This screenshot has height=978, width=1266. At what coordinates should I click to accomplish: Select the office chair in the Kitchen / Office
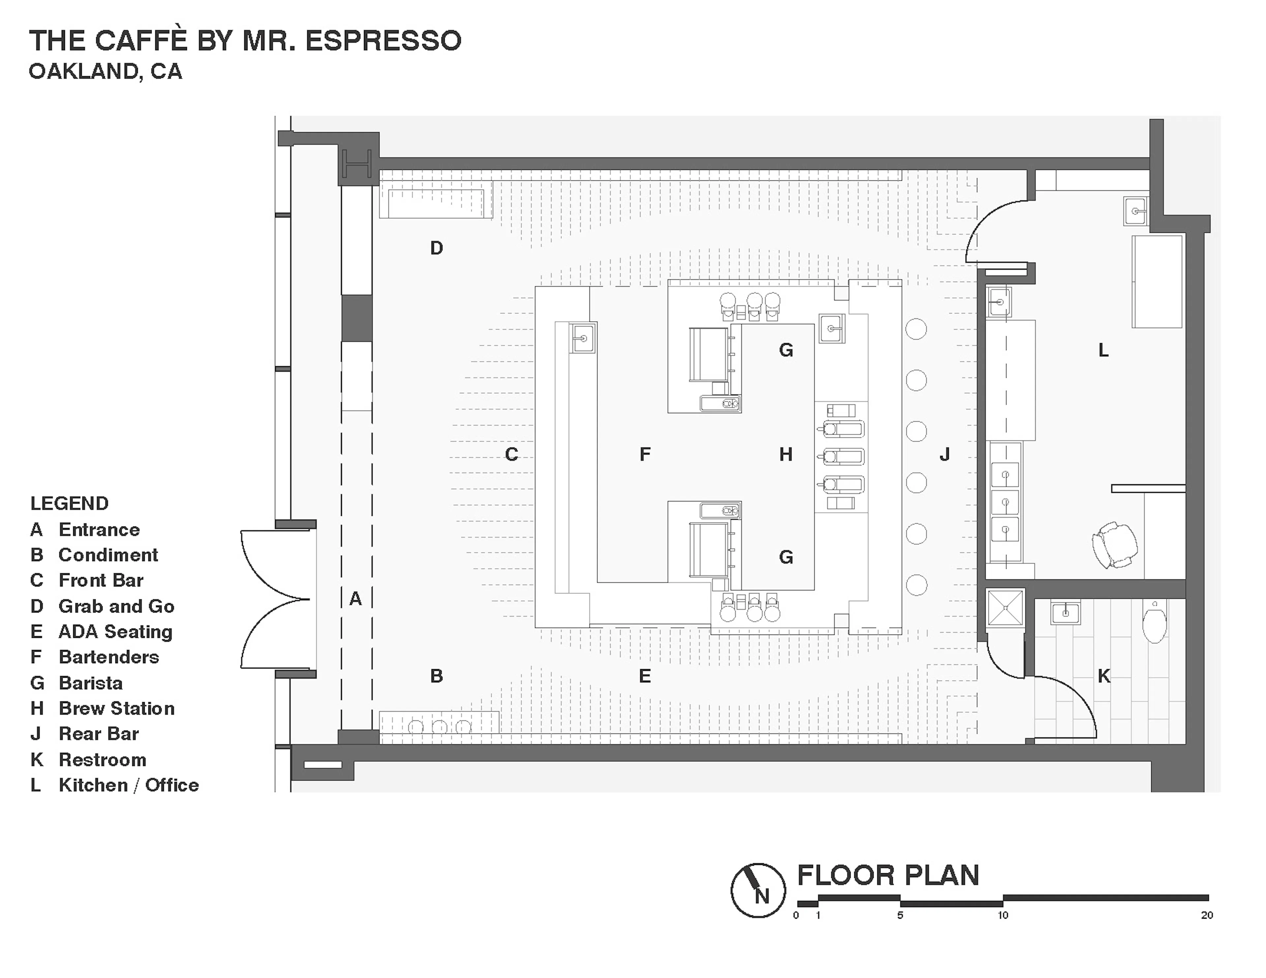[x=1114, y=544]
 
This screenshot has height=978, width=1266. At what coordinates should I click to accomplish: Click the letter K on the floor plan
[x=1104, y=676]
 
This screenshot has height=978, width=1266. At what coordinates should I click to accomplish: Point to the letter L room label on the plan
[x=1103, y=350]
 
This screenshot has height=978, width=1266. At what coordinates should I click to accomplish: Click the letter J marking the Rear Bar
[x=944, y=455]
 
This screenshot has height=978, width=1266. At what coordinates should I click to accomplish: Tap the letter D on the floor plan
[x=437, y=248]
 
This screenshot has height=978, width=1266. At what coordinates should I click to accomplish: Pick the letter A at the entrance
[x=355, y=599]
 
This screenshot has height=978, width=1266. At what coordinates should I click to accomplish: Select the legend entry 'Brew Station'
[x=116, y=708]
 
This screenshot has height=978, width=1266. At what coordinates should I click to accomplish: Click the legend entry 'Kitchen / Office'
[x=128, y=785]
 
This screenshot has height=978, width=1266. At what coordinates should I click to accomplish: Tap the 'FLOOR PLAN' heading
[x=888, y=875]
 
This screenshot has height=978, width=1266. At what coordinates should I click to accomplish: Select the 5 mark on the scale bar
[x=900, y=915]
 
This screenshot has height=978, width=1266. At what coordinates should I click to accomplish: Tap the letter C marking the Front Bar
[x=511, y=455]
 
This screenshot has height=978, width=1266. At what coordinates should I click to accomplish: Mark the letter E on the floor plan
[x=645, y=676]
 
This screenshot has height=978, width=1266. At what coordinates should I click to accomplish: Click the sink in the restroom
[x=1066, y=612]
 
